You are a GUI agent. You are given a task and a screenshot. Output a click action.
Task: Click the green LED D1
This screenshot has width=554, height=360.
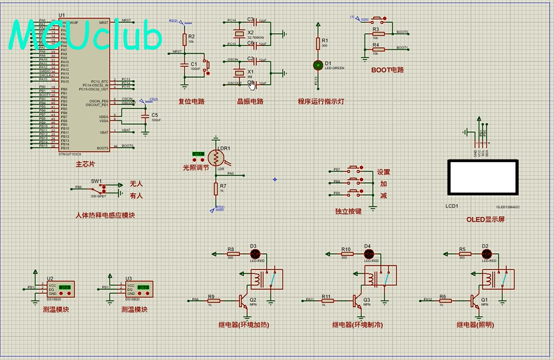coord(318,65)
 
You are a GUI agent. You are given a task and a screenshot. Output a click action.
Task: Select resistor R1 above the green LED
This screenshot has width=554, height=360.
coord(318,43)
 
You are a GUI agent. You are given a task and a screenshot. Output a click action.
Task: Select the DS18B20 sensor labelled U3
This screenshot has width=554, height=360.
coord(140,289)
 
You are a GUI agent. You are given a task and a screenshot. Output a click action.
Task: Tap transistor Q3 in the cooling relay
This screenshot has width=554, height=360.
coord(356,299)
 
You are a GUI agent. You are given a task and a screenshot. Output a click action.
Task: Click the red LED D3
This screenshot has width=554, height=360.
coord(253,253)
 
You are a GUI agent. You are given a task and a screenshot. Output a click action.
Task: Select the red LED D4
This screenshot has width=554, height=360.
coord(367,253)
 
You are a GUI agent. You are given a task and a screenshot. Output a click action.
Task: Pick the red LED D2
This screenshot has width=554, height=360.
coord(485,253)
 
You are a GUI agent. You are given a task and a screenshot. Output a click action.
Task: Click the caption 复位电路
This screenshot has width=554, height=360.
coord(191,101)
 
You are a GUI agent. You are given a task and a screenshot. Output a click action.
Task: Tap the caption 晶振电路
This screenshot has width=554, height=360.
coord(250,101)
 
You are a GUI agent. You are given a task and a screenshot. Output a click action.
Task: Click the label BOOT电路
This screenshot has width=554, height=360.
coord(387,70)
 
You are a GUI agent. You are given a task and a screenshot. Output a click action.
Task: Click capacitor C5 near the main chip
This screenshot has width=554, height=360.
coord(146,119)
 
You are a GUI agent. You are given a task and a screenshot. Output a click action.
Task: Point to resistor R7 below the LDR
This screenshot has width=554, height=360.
coord(216,188)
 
